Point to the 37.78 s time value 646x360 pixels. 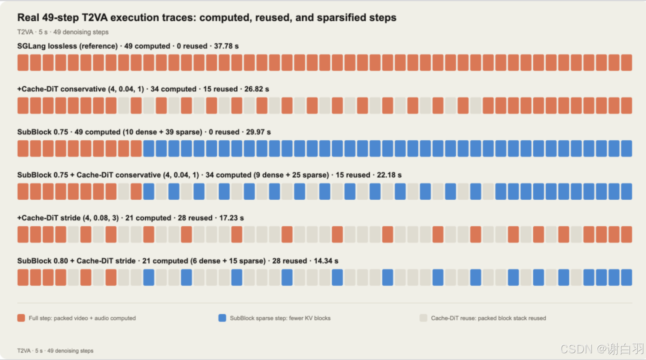click(227, 46)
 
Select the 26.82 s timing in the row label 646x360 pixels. click(257, 89)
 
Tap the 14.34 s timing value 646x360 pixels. click(326, 261)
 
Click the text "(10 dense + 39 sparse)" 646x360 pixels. click(162, 132)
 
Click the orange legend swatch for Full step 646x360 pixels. click(21, 318)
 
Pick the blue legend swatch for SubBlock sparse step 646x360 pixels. click(222, 318)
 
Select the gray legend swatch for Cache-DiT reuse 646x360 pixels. click(423, 318)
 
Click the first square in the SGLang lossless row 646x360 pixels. click(23, 62)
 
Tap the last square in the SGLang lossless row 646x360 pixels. click(626, 62)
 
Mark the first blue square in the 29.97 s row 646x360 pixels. click(149, 149)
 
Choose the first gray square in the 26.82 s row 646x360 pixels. click(123, 106)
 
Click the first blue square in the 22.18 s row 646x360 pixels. click(149, 191)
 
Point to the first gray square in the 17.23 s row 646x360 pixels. click(73, 234)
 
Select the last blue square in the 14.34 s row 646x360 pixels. click(626, 277)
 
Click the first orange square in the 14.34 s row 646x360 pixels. click(23, 277)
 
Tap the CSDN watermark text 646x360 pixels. click(602, 349)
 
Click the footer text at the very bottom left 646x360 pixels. click(55, 351)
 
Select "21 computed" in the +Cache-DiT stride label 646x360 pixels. click(148, 218)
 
